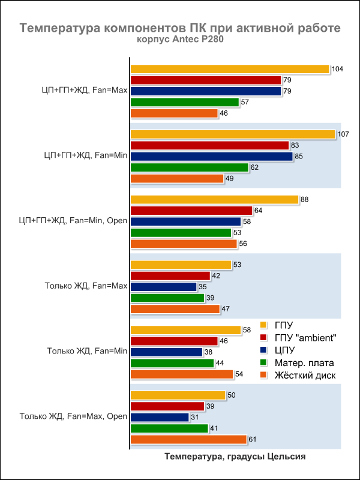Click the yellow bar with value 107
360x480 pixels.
click(233, 134)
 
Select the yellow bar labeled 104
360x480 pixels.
click(230, 69)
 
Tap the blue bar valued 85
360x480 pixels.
click(211, 156)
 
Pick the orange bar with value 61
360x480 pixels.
click(188, 439)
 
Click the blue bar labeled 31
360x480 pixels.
click(160, 417)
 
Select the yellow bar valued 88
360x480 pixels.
click(214, 199)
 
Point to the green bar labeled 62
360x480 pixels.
click(189, 167)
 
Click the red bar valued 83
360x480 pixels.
click(209, 145)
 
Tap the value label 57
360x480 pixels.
click(245, 102)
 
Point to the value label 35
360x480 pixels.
click(203, 287)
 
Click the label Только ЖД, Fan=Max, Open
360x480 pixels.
click(74, 416)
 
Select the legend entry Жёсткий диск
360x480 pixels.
click(305, 376)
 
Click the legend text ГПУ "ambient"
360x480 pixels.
click(305, 338)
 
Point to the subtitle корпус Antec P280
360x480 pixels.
click(180, 40)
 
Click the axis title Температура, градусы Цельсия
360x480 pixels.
click(235, 457)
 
